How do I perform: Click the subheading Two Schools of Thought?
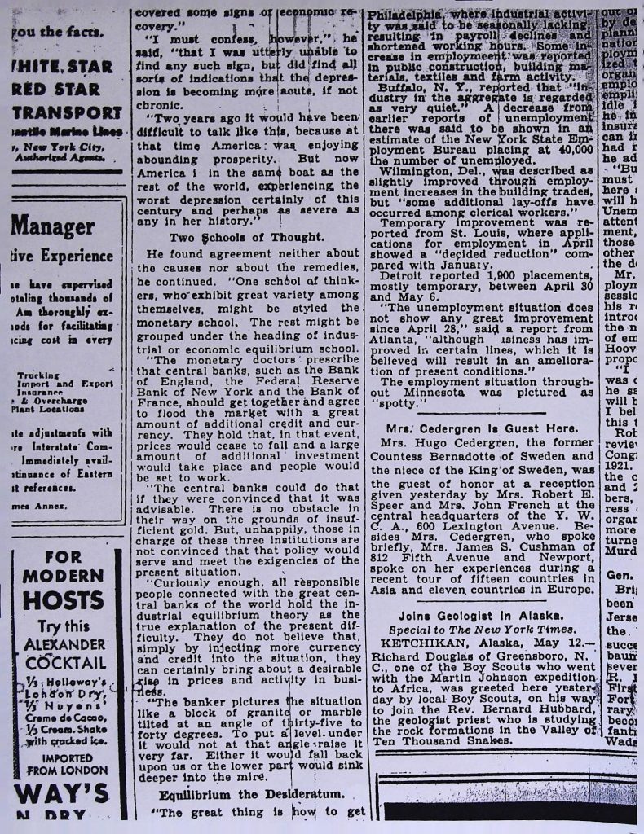tap(245, 237)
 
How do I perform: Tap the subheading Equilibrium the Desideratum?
tap(251, 793)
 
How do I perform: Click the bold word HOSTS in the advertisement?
tap(64, 601)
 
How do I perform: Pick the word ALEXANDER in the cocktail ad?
tap(63, 643)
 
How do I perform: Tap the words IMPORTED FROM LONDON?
tap(63, 762)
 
